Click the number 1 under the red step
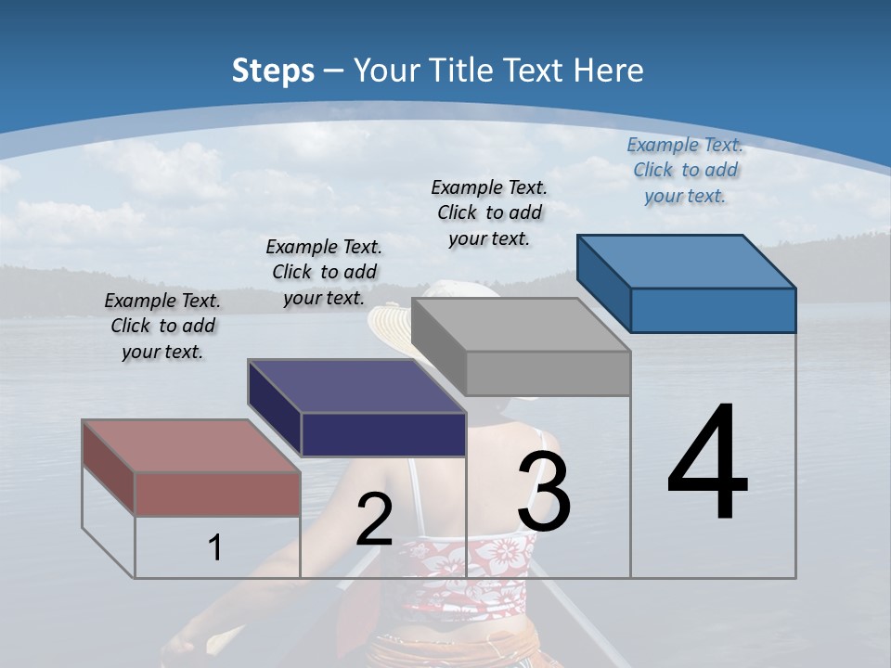pyautogui.click(x=214, y=547)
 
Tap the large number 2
pyautogui.click(x=374, y=520)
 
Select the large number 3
pyautogui.click(x=544, y=491)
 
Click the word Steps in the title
pyautogui.click(x=273, y=71)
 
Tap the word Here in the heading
pyautogui.click(x=610, y=71)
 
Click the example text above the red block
pyautogui.click(x=162, y=326)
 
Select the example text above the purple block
pyautogui.click(x=324, y=272)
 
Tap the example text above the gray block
pyautogui.click(x=489, y=212)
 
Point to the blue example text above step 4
pyautogui.click(x=685, y=170)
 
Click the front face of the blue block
pyautogui.click(x=713, y=310)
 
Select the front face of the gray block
pyautogui.click(x=548, y=373)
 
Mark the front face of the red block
pyautogui.click(x=217, y=494)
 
